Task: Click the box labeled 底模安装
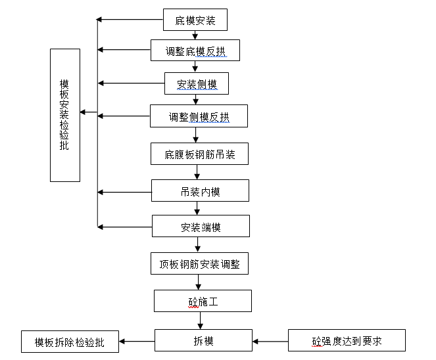(x=195, y=20)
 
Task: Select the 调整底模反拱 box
(x=195, y=50)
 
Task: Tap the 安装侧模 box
(x=195, y=83)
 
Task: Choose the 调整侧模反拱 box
(x=199, y=117)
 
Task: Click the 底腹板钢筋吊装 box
(x=199, y=154)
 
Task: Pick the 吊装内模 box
(x=200, y=191)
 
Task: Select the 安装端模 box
(x=201, y=227)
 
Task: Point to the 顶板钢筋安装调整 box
(x=199, y=263)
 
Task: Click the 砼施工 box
(x=203, y=301)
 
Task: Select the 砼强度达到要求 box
(x=347, y=341)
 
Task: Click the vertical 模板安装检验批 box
(x=64, y=115)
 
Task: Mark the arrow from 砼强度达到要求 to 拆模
(x=270, y=341)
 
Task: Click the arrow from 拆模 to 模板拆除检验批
(x=137, y=341)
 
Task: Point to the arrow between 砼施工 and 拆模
(x=200, y=320)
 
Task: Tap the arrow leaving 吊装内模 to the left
(x=124, y=192)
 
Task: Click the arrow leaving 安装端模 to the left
(x=124, y=227)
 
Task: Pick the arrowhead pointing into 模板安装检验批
(x=84, y=112)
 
